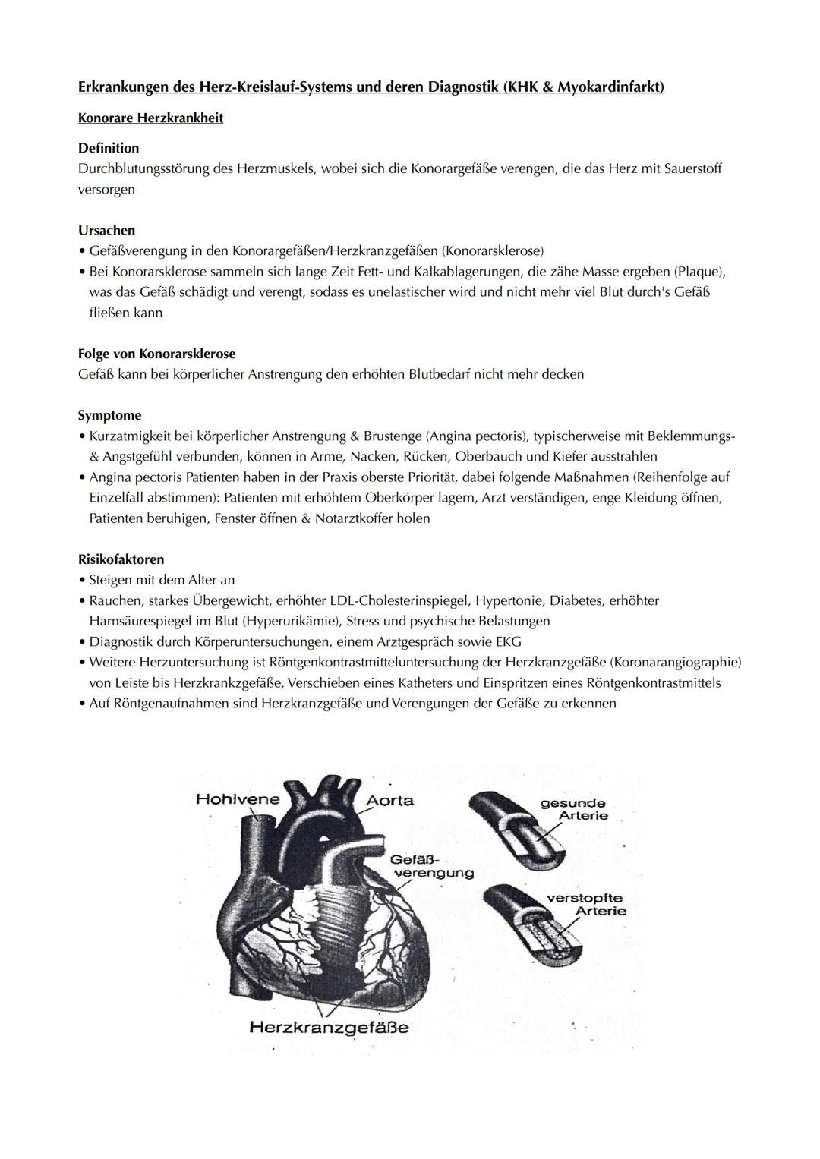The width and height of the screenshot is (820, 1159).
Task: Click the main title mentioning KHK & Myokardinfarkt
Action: (x=371, y=87)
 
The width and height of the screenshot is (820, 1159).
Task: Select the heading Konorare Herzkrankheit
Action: (x=150, y=118)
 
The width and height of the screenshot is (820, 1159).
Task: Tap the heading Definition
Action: (x=109, y=148)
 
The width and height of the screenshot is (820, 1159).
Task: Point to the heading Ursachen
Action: (x=106, y=230)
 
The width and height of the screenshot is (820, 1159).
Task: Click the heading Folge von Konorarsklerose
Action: (x=156, y=354)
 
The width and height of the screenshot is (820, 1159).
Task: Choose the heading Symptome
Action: (x=109, y=415)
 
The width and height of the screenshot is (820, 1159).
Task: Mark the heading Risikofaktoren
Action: (x=121, y=559)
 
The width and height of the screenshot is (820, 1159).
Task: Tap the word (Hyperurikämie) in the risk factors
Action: (x=289, y=621)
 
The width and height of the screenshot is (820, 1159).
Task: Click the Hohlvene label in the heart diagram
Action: (x=238, y=798)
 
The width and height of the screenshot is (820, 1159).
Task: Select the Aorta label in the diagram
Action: (x=389, y=800)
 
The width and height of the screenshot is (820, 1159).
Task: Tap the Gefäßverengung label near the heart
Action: (x=430, y=866)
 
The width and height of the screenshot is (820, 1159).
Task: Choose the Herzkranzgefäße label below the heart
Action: (x=329, y=1028)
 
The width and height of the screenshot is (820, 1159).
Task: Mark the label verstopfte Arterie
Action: (x=586, y=905)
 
